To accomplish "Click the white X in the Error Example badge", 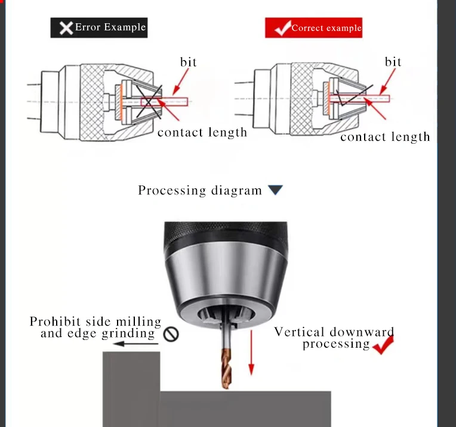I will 66,27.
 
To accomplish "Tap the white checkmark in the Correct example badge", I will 281,27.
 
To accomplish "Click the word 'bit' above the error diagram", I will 188,62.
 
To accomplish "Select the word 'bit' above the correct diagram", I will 393,62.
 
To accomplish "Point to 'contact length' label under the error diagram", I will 202,132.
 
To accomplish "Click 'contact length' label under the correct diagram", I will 385,137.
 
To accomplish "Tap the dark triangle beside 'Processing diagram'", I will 275,190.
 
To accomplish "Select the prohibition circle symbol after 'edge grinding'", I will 171,335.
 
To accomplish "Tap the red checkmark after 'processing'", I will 383,345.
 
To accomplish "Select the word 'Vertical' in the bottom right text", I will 300,332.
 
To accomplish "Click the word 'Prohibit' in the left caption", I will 55,322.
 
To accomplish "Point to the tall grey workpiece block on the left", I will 131,388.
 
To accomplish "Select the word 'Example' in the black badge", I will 124,27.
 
